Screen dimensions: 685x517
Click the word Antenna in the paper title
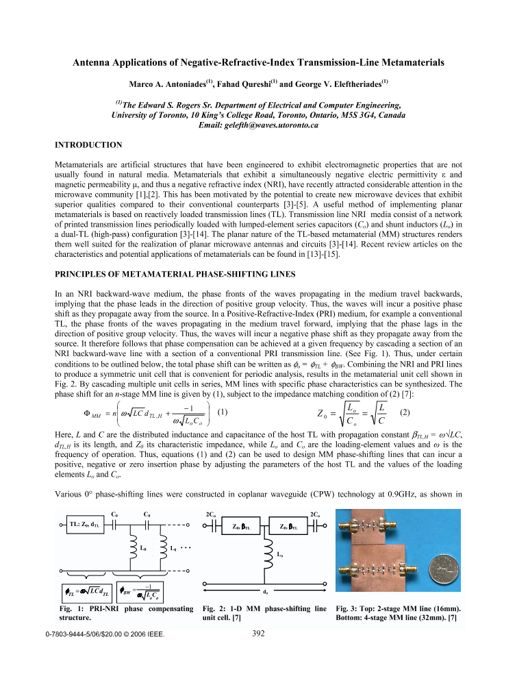93,62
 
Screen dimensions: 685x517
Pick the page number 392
258,634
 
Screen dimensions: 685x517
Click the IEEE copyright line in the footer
105,634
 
